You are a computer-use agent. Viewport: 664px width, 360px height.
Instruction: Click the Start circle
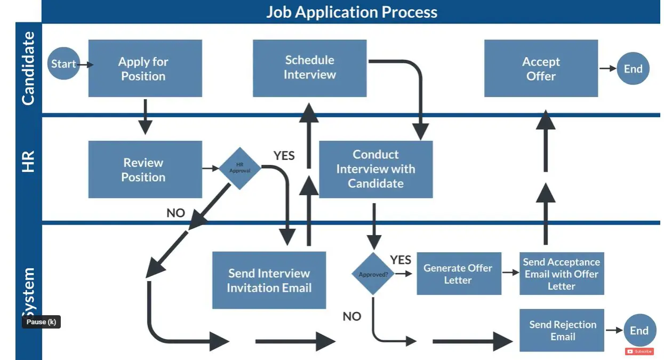click(x=63, y=63)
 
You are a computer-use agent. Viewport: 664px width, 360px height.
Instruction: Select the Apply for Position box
click(x=145, y=68)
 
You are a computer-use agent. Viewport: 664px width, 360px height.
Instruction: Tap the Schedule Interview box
click(x=309, y=68)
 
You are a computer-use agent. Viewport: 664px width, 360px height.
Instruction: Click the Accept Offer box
click(x=541, y=68)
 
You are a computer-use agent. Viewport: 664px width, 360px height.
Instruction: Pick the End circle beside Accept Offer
click(x=633, y=68)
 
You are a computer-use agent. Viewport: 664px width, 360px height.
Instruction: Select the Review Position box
click(x=145, y=169)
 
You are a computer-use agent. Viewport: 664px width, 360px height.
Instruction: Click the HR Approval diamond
click(x=240, y=168)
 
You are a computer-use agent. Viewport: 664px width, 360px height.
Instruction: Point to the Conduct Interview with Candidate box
click(x=375, y=169)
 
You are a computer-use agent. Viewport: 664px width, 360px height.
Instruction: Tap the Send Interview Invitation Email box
click(x=269, y=280)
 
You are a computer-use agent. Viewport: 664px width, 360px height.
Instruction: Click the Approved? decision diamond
click(x=373, y=274)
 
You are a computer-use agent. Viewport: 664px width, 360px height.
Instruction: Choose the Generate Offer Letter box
click(x=459, y=274)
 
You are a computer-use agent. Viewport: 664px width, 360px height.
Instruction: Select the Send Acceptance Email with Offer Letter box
click(x=562, y=274)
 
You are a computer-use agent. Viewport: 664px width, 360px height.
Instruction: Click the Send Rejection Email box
click(x=562, y=330)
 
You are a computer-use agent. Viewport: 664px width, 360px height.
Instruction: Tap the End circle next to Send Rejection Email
click(x=639, y=330)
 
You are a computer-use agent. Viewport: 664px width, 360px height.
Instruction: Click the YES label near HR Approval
click(x=284, y=156)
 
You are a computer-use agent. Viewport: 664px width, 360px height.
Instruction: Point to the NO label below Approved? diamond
click(x=352, y=316)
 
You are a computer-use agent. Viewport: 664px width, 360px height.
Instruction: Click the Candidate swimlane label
click(x=28, y=68)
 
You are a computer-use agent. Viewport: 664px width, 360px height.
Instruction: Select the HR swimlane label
click(x=28, y=162)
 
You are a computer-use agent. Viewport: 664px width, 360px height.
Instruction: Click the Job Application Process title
click(x=352, y=12)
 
